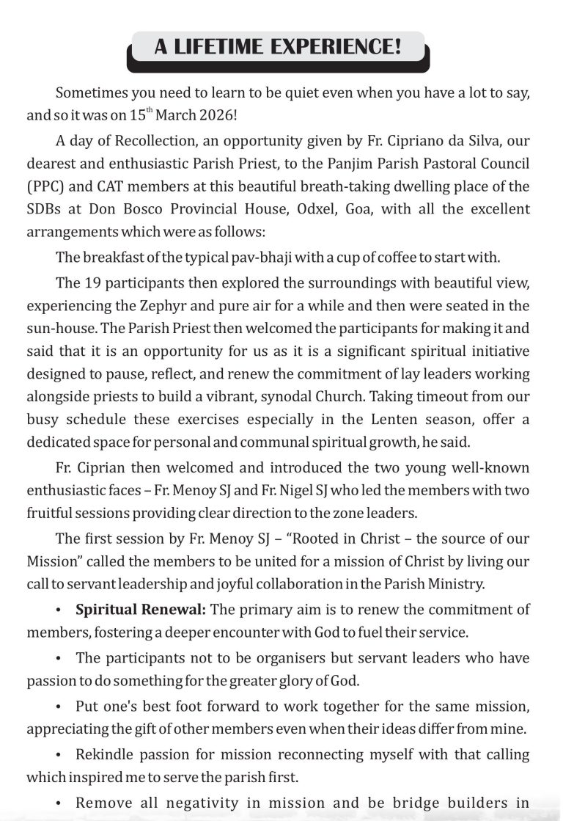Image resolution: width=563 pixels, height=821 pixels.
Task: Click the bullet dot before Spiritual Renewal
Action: tap(58, 610)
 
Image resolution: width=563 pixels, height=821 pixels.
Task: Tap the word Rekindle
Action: tap(104, 755)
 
